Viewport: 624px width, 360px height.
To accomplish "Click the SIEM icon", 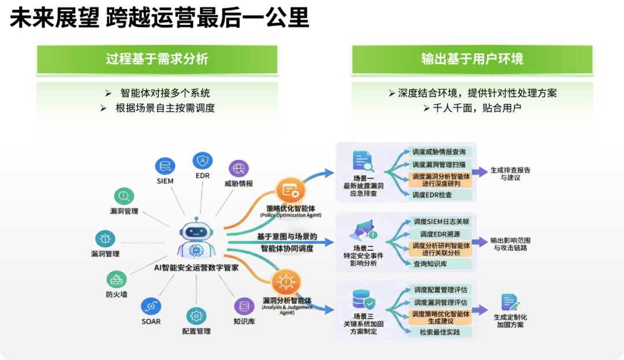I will tap(165, 166).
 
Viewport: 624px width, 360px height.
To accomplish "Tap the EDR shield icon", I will tap(203, 161).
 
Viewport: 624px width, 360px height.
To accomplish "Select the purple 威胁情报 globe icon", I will tap(239, 168).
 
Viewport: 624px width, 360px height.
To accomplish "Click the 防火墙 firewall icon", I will tap(116, 279).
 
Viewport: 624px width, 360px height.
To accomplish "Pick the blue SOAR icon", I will tap(151, 306).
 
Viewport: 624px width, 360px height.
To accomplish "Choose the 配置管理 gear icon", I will tap(196, 316).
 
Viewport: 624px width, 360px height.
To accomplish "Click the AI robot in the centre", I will tap(196, 238).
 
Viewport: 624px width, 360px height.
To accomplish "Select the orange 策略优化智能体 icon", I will tap(290, 191).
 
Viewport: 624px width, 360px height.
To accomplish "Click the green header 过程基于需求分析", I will tap(157, 60).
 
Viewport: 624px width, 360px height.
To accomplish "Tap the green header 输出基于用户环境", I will tap(472, 60).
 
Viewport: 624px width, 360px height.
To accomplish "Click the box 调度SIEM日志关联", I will tap(441, 221).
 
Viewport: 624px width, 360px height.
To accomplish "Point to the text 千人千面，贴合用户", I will tap(472, 108).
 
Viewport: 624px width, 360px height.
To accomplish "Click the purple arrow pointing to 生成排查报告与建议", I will tap(480, 172).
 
